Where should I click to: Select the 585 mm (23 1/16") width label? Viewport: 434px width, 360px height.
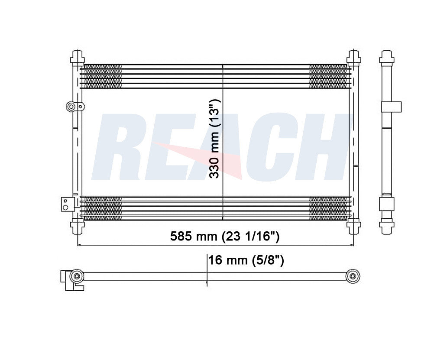click(x=224, y=237)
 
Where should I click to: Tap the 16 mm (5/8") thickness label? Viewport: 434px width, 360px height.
click(x=246, y=260)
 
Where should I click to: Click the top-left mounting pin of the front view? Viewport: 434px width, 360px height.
click(x=77, y=57)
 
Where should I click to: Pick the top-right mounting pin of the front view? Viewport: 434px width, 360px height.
click(x=354, y=57)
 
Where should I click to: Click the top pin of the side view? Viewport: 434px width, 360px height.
click(x=386, y=57)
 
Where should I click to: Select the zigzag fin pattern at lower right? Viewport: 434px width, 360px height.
click(x=328, y=208)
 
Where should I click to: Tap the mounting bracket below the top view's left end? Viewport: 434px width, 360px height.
click(x=69, y=284)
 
